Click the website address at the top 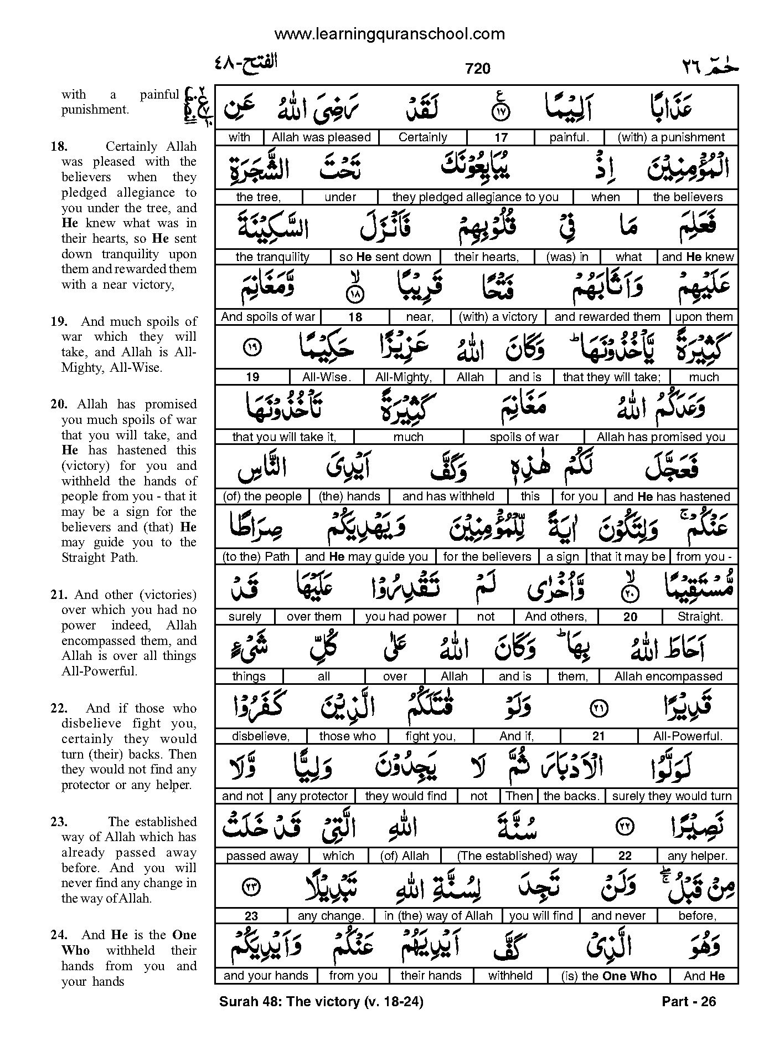click(x=389, y=34)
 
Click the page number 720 click(x=478, y=68)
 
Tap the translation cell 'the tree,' click(x=259, y=197)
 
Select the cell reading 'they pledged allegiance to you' click(x=475, y=197)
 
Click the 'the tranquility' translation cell click(x=272, y=257)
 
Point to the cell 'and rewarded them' click(x=607, y=317)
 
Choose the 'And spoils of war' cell click(x=268, y=317)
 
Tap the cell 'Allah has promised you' click(x=661, y=437)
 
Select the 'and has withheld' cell click(x=448, y=496)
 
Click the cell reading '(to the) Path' click(x=256, y=556)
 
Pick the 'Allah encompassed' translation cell click(x=668, y=676)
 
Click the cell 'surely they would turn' click(x=672, y=796)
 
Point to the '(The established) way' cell click(x=518, y=856)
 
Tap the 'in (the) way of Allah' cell click(x=438, y=916)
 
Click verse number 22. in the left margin click(x=59, y=708)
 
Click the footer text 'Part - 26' click(x=689, y=1001)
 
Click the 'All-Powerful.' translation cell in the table click(x=688, y=736)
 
